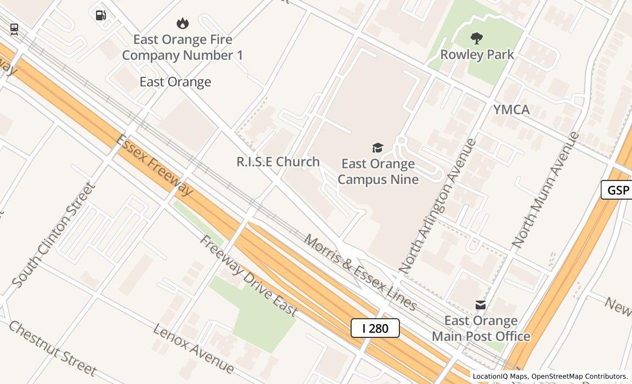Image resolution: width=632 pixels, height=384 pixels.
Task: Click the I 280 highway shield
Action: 375,328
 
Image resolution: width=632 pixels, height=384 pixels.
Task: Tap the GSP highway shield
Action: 618,190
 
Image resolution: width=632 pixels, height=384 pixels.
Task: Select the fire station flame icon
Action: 183,23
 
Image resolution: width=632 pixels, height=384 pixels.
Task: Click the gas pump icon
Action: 101,15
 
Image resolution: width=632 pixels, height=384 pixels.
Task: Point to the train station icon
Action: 14,29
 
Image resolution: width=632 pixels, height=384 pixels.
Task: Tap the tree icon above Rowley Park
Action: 477,38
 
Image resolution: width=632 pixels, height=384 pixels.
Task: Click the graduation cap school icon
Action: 377,148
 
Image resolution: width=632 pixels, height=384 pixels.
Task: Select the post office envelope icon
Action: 481,305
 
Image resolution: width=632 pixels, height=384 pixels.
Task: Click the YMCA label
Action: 511,110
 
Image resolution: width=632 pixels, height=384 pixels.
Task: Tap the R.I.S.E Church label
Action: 278,162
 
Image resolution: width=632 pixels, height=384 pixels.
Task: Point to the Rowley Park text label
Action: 477,54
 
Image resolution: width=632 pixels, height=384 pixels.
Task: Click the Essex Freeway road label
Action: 155,165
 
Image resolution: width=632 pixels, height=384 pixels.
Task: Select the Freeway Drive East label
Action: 249,276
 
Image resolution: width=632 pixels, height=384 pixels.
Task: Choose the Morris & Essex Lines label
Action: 360,272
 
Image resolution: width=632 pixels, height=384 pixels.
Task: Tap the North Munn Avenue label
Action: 546,189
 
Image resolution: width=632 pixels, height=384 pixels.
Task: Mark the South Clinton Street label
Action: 54,235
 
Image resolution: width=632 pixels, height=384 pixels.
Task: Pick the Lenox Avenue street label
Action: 193,348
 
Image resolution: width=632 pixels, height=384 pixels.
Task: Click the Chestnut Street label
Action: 52,348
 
